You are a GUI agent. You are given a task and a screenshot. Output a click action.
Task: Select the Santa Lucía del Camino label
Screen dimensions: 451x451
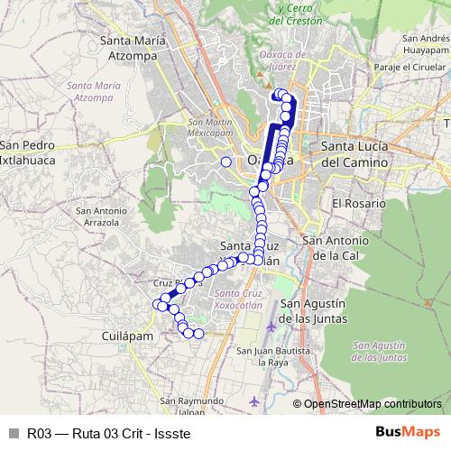point(354,155)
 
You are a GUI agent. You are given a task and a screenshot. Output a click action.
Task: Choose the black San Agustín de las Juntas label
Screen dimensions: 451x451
point(314,309)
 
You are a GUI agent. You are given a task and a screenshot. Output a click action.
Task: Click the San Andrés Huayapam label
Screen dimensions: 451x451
point(427,44)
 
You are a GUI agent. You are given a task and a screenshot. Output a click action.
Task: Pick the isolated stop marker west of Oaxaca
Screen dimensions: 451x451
point(225,161)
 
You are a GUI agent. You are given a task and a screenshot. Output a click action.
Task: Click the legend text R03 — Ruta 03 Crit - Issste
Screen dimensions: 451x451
point(107,432)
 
